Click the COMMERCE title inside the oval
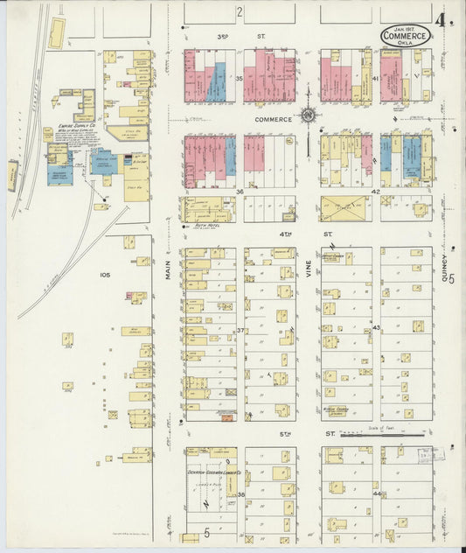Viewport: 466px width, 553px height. [x=405, y=37]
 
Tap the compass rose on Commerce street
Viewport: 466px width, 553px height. [x=309, y=115]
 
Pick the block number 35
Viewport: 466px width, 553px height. [x=239, y=79]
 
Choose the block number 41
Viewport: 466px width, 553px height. [x=375, y=79]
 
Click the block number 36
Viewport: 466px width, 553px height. [x=239, y=192]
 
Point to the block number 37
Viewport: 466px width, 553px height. [x=240, y=330]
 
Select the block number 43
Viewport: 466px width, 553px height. [x=376, y=327]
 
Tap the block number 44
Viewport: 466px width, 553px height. [x=376, y=493]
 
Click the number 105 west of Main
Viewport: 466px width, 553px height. [x=105, y=275]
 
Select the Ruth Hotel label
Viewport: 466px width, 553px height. [x=204, y=224]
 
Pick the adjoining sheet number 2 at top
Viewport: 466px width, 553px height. [x=238, y=11]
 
